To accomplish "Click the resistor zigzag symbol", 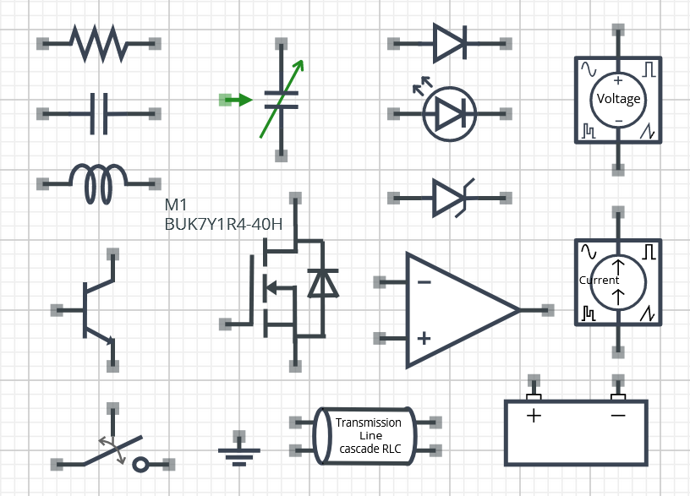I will coord(98,43).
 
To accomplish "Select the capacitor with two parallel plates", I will coord(99,113).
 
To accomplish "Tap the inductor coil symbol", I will coord(98,183).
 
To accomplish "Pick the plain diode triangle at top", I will coord(449,43).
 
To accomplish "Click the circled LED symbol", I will coord(449,113).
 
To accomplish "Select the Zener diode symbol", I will coord(450,198).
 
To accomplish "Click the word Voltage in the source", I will coord(618,99).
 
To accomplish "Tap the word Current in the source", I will coord(599,281).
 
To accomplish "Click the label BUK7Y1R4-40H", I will coord(223,225).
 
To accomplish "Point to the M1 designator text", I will coord(175,205).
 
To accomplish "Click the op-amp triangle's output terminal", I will coord(548,310).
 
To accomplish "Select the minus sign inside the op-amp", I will coord(424,282).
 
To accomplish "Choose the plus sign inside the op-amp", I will coord(424,338).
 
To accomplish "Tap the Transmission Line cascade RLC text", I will coord(370,436).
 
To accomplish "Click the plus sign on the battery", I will coord(534,416).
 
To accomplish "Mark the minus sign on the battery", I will coord(618,416).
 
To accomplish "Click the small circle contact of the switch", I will coord(141,464).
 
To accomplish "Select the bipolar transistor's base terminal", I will coord(57,310).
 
